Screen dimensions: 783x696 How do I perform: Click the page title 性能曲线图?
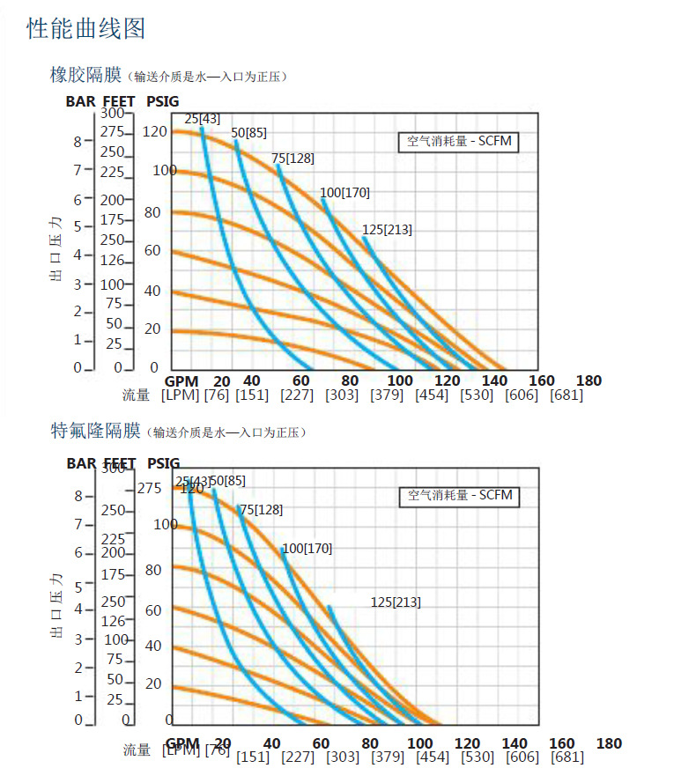[86, 29]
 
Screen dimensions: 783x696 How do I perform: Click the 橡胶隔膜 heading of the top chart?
[86, 76]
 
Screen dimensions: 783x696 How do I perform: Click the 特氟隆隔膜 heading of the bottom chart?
[95, 431]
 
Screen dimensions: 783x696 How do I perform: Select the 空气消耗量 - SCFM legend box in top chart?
[458, 142]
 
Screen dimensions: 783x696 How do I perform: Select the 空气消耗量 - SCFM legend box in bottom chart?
[459, 496]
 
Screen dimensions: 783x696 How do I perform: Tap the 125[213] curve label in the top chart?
[387, 230]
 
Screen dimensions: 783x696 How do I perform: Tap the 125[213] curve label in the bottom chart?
[396, 602]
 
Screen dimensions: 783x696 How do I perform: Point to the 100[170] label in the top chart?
[344, 193]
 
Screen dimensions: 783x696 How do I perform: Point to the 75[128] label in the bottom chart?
[262, 510]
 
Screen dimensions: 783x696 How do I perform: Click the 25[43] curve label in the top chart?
[202, 119]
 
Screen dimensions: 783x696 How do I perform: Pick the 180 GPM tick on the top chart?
[589, 380]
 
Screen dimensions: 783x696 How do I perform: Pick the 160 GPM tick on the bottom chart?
[561, 743]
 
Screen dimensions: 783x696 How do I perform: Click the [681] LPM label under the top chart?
[566, 395]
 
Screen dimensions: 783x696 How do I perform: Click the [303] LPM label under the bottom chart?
[343, 757]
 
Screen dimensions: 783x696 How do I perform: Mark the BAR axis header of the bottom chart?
[82, 463]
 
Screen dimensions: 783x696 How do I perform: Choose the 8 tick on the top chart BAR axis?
[78, 141]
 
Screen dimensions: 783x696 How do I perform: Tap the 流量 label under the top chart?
[137, 395]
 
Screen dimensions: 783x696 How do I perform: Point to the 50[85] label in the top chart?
[248, 133]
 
